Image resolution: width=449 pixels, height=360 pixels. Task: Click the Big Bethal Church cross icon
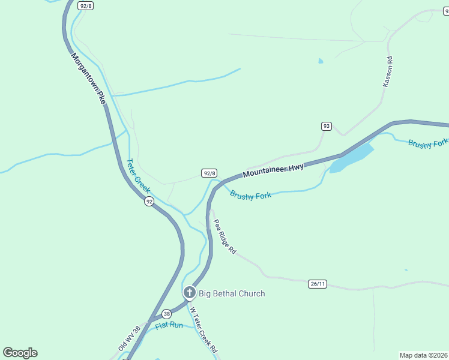pyautogui.click(x=190, y=293)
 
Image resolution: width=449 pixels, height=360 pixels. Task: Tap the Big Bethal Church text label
pyautogui.click(x=232, y=293)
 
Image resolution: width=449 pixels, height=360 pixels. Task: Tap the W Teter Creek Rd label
pyautogui.click(x=203, y=331)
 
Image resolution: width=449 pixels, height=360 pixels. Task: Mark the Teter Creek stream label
pyautogui.click(x=138, y=175)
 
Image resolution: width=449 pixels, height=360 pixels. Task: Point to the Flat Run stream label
pyautogui.click(x=169, y=325)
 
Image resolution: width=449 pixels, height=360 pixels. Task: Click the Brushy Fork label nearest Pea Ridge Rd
pyautogui.click(x=250, y=194)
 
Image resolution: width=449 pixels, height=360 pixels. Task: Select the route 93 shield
pyautogui.click(x=326, y=126)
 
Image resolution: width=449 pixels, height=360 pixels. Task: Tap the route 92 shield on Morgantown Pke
pyautogui.click(x=148, y=202)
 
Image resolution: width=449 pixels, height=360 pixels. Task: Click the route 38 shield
pyautogui.click(x=166, y=313)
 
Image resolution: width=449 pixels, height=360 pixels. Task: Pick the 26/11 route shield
pyautogui.click(x=318, y=283)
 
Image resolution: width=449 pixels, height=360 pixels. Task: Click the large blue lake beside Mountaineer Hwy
pyautogui.click(x=351, y=157)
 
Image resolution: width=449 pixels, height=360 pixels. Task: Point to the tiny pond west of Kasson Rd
pyautogui.click(x=321, y=61)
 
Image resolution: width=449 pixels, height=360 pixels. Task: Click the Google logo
pyautogui.click(x=20, y=353)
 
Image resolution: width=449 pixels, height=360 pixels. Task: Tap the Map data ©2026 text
pyautogui.click(x=423, y=355)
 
